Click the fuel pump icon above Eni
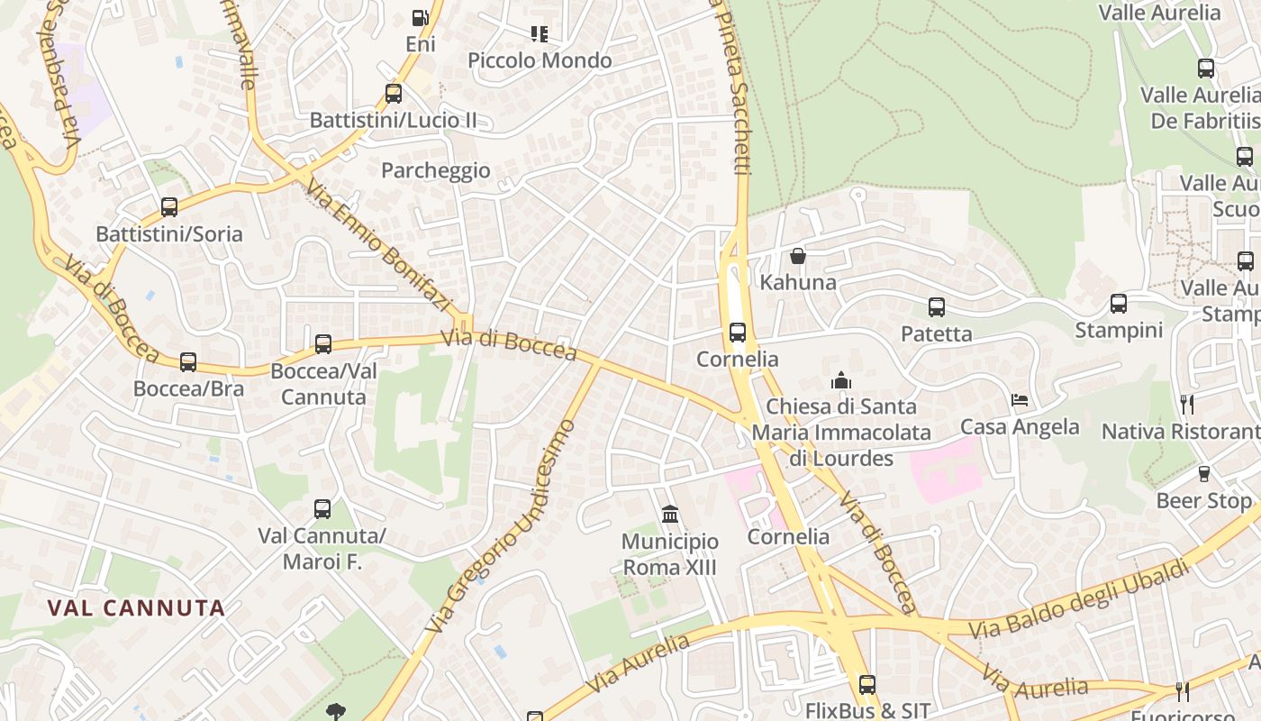coord(420,17)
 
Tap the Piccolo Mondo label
coord(540,60)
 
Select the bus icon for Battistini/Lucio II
coord(393,93)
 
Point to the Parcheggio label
coord(436,170)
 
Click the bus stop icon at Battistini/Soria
coord(169,207)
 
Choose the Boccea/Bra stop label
coord(188,388)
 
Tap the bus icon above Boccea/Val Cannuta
coord(323,343)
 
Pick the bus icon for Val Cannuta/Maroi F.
coord(322,509)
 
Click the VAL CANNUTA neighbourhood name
coord(136,607)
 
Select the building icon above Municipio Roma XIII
coord(670,515)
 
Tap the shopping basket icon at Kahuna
coord(798,256)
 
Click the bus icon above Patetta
coord(937,307)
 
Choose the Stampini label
coord(1119,330)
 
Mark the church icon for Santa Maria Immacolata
coord(841,380)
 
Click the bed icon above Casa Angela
coord(1020,400)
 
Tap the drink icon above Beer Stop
coord(1203,474)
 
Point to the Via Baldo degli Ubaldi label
coord(1078,598)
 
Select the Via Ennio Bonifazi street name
coord(377,246)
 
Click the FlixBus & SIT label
coord(866,710)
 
